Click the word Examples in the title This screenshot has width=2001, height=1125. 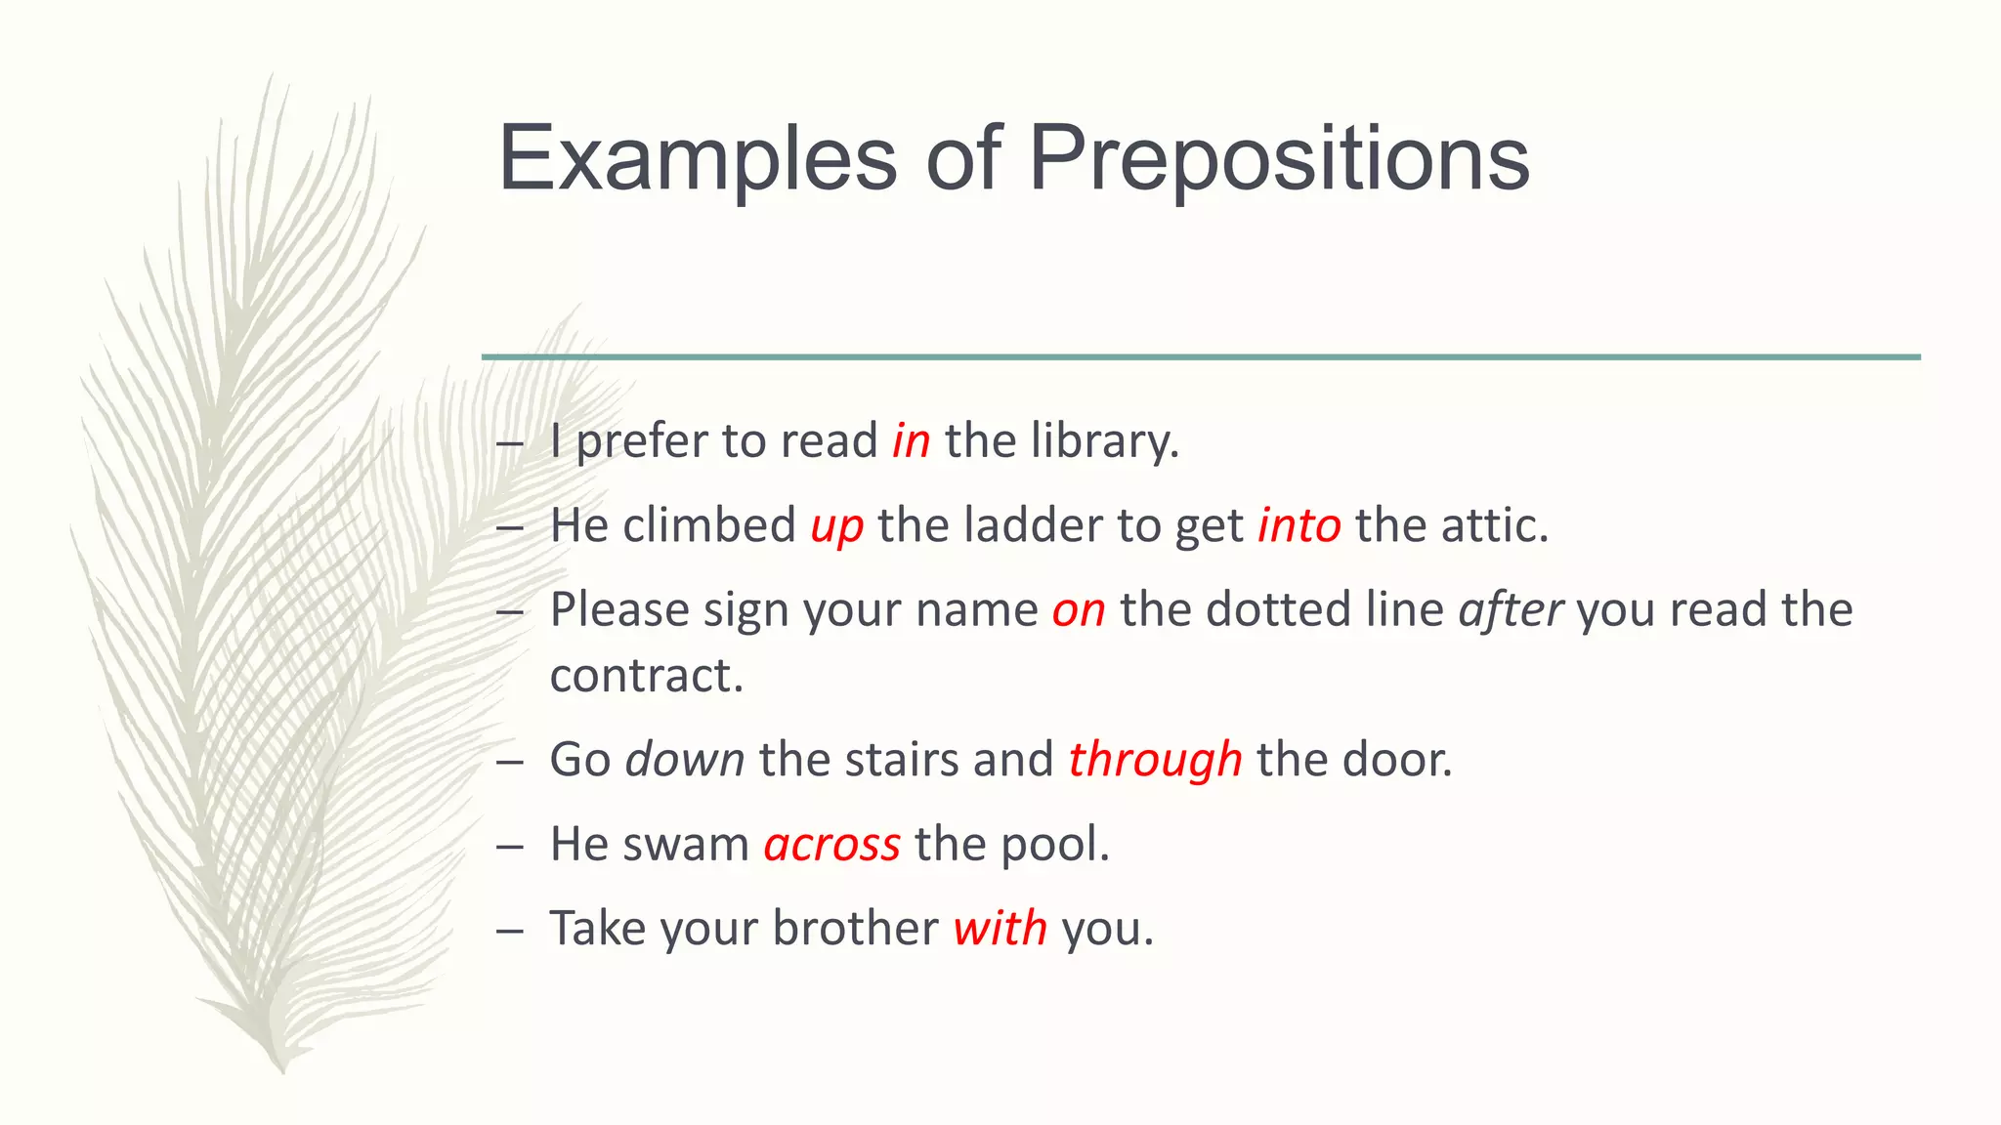click(x=697, y=158)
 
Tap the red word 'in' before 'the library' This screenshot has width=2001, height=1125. click(x=911, y=440)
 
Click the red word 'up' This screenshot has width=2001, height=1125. click(x=837, y=526)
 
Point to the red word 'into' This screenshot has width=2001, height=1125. click(x=1299, y=525)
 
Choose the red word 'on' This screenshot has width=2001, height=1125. click(x=1079, y=610)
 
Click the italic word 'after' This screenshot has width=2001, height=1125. click(x=1511, y=609)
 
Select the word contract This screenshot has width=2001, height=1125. click(x=645, y=675)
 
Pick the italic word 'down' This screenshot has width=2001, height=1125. click(x=685, y=759)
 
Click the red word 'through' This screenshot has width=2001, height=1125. click(x=1155, y=760)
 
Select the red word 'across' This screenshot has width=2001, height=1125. click(x=831, y=844)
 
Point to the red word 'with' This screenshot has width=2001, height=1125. click(x=1000, y=928)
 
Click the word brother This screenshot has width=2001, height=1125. click(x=855, y=928)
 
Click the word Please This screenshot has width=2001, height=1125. click(x=619, y=609)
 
